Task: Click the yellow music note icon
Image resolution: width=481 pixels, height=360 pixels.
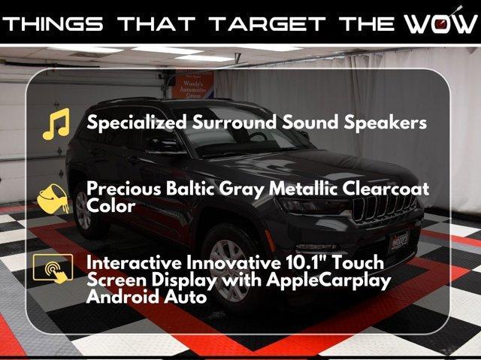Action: (x=57, y=124)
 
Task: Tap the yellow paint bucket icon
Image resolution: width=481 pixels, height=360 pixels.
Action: (x=53, y=198)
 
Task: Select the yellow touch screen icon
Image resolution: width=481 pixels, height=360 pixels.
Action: (x=53, y=268)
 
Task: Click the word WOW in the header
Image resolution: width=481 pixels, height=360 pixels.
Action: (x=440, y=23)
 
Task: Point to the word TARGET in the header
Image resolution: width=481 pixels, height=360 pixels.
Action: (x=268, y=23)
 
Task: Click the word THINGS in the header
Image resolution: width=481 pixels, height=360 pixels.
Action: (x=53, y=23)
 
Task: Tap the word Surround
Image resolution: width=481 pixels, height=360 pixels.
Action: (x=234, y=122)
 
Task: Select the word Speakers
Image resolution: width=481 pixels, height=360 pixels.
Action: (x=385, y=123)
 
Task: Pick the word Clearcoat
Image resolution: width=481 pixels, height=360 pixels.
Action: (x=386, y=189)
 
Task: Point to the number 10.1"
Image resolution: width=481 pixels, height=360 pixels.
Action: (x=306, y=262)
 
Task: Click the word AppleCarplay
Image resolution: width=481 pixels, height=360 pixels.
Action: (x=328, y=281)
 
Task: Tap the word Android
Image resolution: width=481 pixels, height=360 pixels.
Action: (x=123, y=297)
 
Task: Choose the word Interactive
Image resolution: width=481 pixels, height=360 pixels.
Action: (x=135, y=262)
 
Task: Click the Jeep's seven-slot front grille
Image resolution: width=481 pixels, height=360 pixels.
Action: (x=383, y=207)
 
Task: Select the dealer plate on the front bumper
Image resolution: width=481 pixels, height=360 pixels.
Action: (x=399, y=241)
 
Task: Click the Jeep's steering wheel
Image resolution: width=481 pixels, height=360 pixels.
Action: (x=259, y=138)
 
